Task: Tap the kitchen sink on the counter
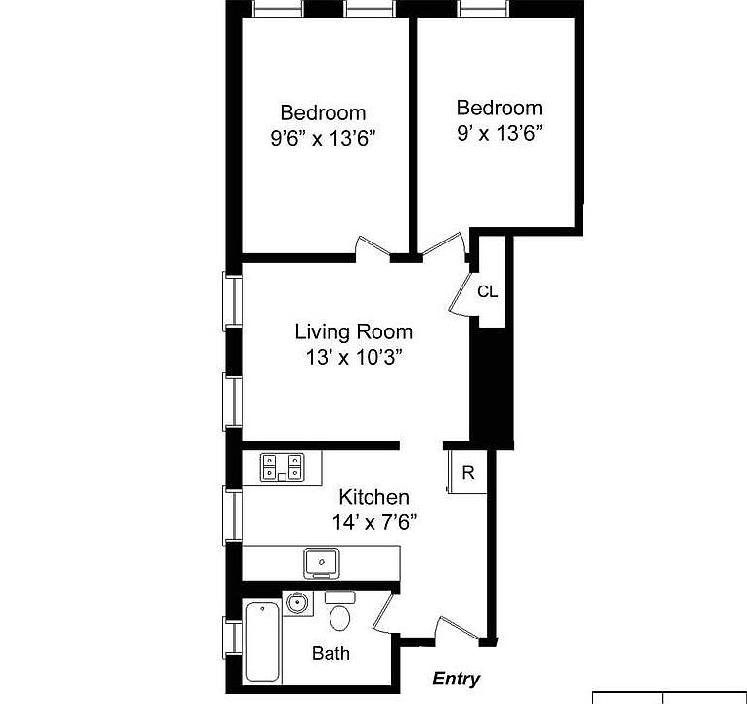[x=321, y=562]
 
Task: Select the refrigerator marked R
[x=466, y=473]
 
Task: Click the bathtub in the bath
[x=262, y=641]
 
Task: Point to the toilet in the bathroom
[x=340, y=616]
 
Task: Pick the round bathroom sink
[x=299, y=603]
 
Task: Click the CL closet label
[x=487, y=291]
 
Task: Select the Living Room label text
[x=353, y=332]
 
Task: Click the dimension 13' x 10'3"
[x=353, y=357]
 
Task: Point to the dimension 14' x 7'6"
[x=373, y=522]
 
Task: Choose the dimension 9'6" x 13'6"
[x=323, y=138]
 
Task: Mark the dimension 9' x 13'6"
[x=499, y=132]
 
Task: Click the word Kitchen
[x=373, y=498]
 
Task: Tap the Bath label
[x=330, y=653]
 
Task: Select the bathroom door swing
[x=383, y=613]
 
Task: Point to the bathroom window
[x=233, y=637]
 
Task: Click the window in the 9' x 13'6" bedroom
[x=483, y=9]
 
